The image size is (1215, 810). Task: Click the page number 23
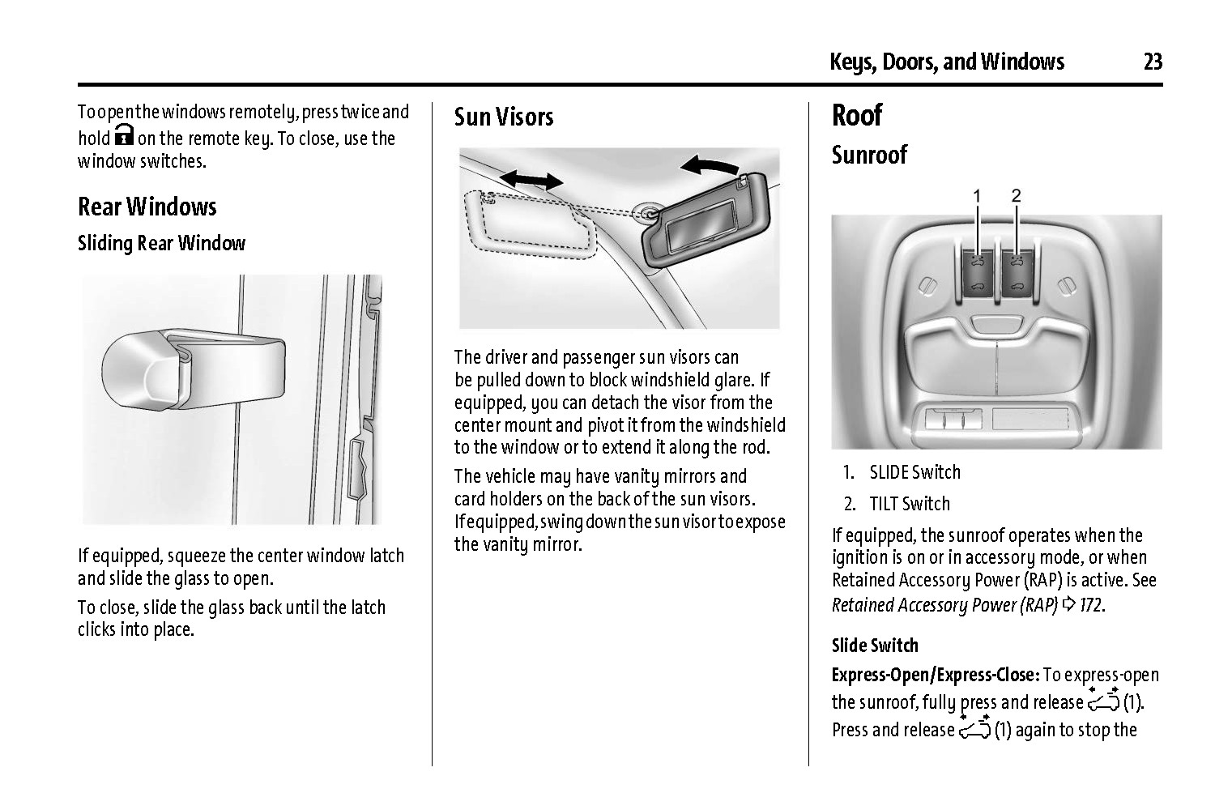pos(1153,62)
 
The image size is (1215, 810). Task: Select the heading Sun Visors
pos(503,117)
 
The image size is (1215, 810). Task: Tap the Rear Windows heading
pos(147,207)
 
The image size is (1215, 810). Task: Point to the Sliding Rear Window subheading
pos(161,243)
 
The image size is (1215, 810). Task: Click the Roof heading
pos(856,115)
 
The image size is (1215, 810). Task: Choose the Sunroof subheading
pos(869,155)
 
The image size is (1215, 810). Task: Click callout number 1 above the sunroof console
pos(977,195)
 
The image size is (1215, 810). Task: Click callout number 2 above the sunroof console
pos(1016,195)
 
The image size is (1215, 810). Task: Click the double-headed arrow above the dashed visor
pos(531,179)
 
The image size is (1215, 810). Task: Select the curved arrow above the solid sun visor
pos(709,165)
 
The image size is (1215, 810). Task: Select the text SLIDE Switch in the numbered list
pos(914,472)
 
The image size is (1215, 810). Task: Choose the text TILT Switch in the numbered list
pos(909,504)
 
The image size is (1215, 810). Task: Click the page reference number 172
pos(1090,605)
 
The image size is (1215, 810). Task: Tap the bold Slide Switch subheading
pos(875,646)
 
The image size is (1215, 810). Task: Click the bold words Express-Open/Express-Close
pos(935,675)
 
